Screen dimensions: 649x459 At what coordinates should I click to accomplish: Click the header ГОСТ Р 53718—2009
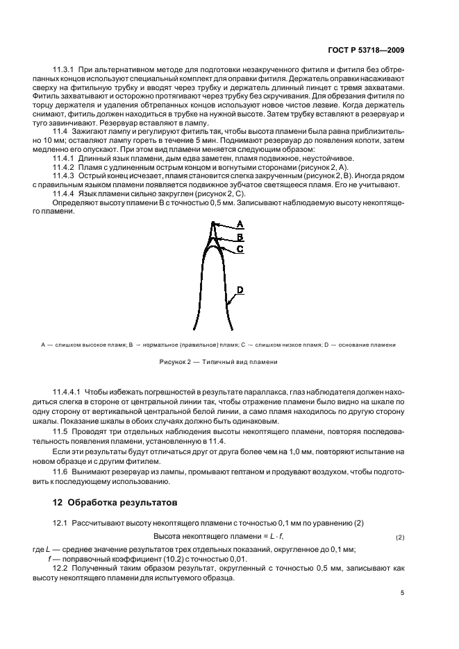point(376,50)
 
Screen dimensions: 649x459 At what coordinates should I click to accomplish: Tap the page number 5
point(403,593)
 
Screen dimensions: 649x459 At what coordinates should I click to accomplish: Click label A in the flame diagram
point(240,225)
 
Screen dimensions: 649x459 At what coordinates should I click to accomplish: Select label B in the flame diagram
point(240,236)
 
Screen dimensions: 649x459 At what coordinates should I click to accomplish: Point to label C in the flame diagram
point(240,248)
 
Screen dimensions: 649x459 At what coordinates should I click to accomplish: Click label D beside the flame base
point(240,288)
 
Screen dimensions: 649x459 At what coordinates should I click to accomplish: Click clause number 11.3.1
point(65,71)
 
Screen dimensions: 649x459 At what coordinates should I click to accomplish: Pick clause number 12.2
point(61,566)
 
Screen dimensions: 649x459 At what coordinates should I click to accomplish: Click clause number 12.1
point(61,522)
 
